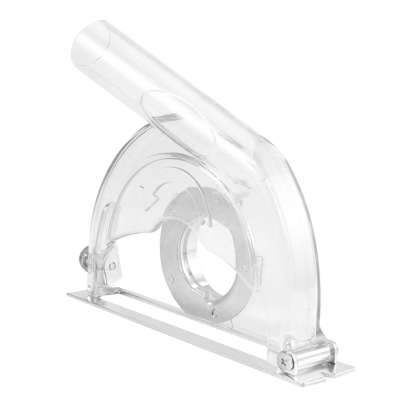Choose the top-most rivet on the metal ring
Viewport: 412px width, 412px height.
coord(216,202)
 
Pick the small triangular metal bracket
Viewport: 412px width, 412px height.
coord(111,263)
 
